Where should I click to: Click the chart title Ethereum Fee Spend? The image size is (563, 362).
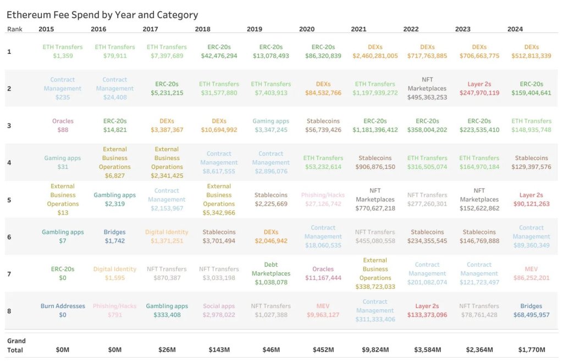(102, 15)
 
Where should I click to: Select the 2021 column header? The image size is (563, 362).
(358, 29)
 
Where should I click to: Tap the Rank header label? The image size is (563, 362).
(15, 29)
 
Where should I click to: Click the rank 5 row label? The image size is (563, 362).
(9, 200)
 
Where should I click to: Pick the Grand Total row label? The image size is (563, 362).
(16, 345)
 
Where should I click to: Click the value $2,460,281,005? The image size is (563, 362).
(375, 56)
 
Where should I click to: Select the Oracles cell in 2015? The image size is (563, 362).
(63, 125)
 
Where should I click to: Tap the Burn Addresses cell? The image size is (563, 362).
(63, 310)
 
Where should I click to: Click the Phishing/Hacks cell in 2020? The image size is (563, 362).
(323, 199)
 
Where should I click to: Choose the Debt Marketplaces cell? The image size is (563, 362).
(271, 273)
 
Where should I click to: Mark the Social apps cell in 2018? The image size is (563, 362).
(219, 310)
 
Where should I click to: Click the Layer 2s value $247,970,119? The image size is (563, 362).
(479, 93)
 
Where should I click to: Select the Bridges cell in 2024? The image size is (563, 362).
(531, 310)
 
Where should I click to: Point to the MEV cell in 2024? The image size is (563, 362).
(531, 273)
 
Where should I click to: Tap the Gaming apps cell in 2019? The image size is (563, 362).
(271, 125)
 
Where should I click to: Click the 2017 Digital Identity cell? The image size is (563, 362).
(167, 237)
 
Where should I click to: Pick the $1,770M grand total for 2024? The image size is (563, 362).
(531, 350)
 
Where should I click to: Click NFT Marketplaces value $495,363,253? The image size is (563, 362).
(427, 97)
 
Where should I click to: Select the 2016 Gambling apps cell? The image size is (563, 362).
(114, 199)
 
